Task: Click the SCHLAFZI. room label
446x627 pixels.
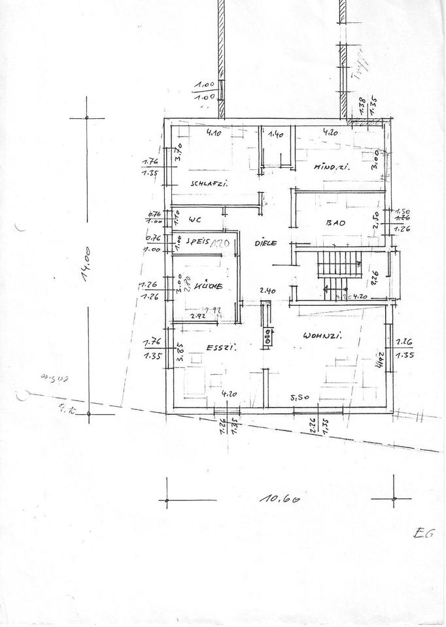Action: point(209,184)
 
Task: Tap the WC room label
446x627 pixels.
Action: point(194,219)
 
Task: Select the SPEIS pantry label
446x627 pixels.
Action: point(197,240)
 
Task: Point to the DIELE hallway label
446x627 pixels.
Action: point(266,242)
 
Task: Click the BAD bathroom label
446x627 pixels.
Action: point(335,223)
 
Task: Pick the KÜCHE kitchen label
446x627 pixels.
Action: point(208,286)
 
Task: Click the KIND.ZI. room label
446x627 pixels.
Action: point(332,167)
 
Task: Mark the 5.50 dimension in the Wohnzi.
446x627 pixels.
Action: point(300,397)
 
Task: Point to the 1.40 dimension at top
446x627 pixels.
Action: point(277,135)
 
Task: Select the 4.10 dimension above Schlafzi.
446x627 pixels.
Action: point(214,133)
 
